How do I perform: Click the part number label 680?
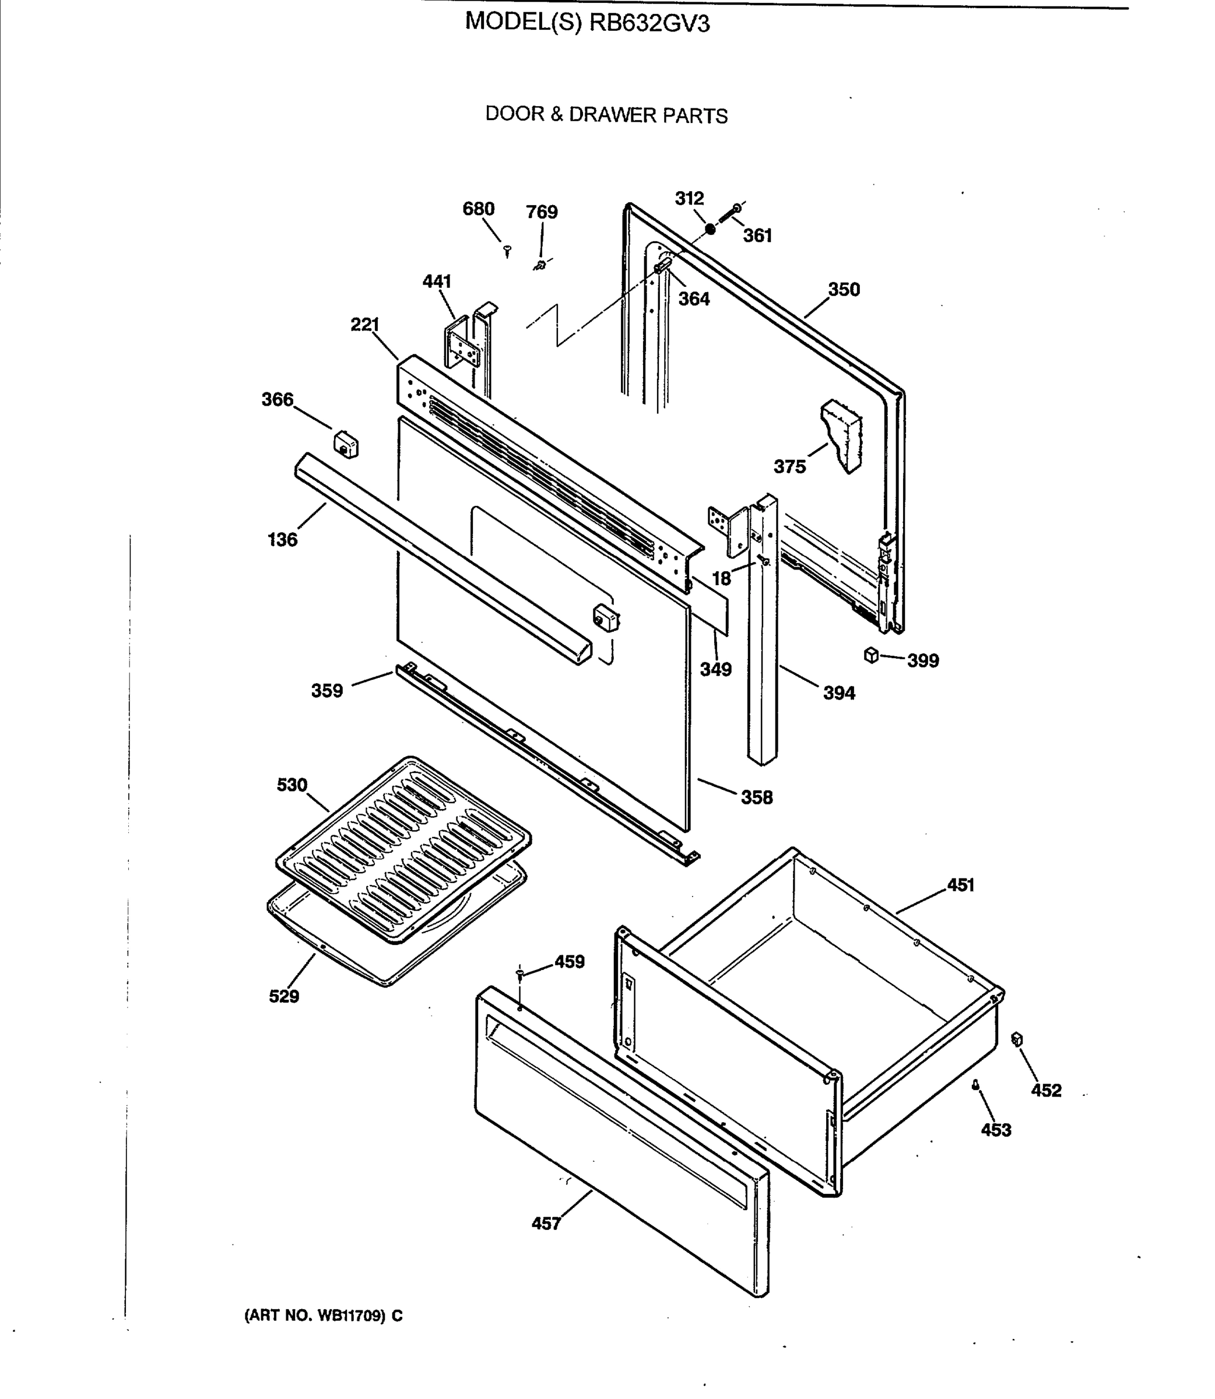[478, 209]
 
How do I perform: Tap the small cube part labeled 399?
[871, 655]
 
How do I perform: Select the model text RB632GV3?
[649, 24]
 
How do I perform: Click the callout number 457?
[546, 1224]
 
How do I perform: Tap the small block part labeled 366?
[346, 445]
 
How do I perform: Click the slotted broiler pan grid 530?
[403, 849]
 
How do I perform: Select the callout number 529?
[283, 996]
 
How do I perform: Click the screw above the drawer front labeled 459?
[519, 974]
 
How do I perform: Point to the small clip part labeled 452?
[1016, 1039]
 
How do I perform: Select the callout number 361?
[757, 236]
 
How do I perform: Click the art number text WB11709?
[350, 1316]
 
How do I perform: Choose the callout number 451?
[960, 885]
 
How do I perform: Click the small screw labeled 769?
[540, 264]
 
